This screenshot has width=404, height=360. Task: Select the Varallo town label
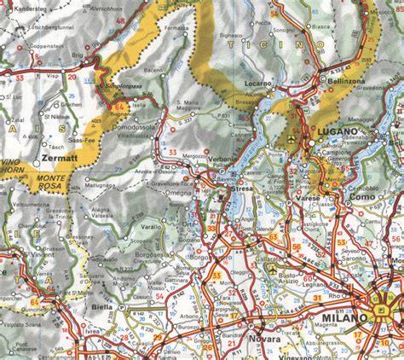pos(151,229)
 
